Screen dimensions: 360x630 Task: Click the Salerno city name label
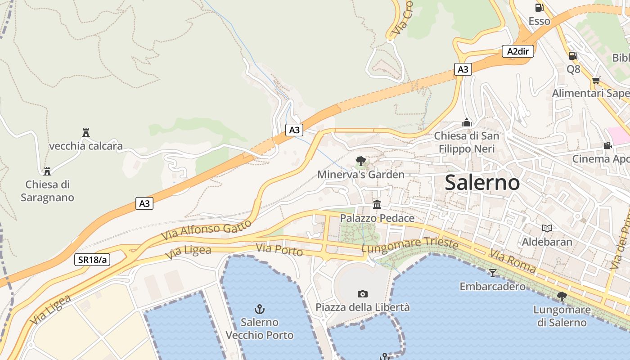pyautogui.click(x=482, y=182)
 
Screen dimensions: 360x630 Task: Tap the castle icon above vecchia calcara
pyautogui.click(x=86, y=132)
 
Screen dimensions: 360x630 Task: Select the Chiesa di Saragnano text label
pyautogui.click(x=47, y=191)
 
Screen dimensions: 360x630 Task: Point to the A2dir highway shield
pyautogui.click(x=517, y=51)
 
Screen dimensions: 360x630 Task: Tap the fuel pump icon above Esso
pyautogui.click(x=539, y=7)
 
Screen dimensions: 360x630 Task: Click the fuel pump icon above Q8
pyautogui.click(x=573, y=56)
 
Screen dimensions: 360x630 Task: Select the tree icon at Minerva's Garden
pyautogui.click(x=360, y=161)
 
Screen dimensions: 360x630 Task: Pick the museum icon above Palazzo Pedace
pyautogui.click(x=377, y=205)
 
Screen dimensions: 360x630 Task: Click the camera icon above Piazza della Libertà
pyautogui.click(x=362, y=294)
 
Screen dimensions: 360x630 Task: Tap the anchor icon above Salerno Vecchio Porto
pyautogui.click(x=260, y=309)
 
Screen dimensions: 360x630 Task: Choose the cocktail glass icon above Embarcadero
pyautogui.click(x=493, y=273)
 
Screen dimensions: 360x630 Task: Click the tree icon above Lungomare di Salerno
pyautogui.click(x=562, y=296)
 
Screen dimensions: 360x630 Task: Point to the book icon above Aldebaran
pyautogui.click(x=547, y=228)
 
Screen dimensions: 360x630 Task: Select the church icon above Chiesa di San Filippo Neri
pyautogui.click(x=467, y=122)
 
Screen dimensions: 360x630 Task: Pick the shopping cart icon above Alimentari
pyautogui.click(x=596, y=80)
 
